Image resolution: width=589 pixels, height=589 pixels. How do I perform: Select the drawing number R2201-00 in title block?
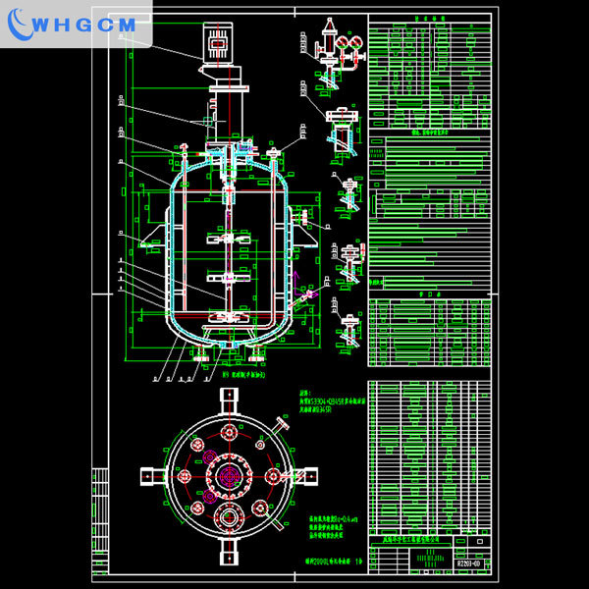(469, 562)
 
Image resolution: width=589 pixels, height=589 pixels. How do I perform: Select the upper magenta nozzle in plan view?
(207, 454)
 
